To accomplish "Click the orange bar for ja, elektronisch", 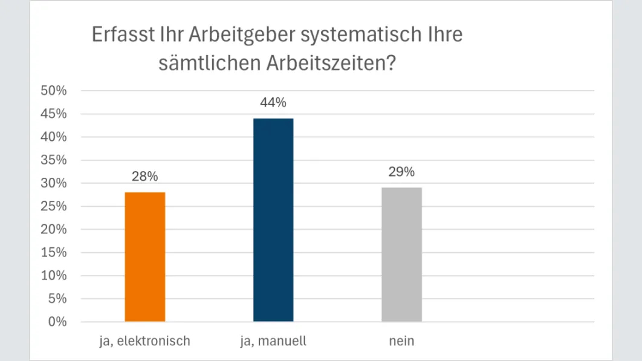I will (x=144, y=256).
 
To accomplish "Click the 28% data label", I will (x=144, y=177).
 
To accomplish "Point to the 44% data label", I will (x=273, y=103).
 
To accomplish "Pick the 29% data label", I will (x=401, y=172).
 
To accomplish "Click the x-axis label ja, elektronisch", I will (x=144, y=341).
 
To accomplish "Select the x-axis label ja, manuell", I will (x=273, y=341).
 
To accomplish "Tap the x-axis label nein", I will (x=401, y=341).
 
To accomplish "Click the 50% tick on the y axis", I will (x=53, y=91).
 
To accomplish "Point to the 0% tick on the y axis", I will (x=57, y=322).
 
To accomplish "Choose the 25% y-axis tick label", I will (x=53, y=206).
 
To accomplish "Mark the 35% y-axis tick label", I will (x=53, y=160).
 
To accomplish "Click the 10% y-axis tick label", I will (x=53, y=276).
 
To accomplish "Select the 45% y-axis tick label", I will (x=53, y=114).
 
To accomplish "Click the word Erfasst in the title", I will (x=118, y=35).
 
